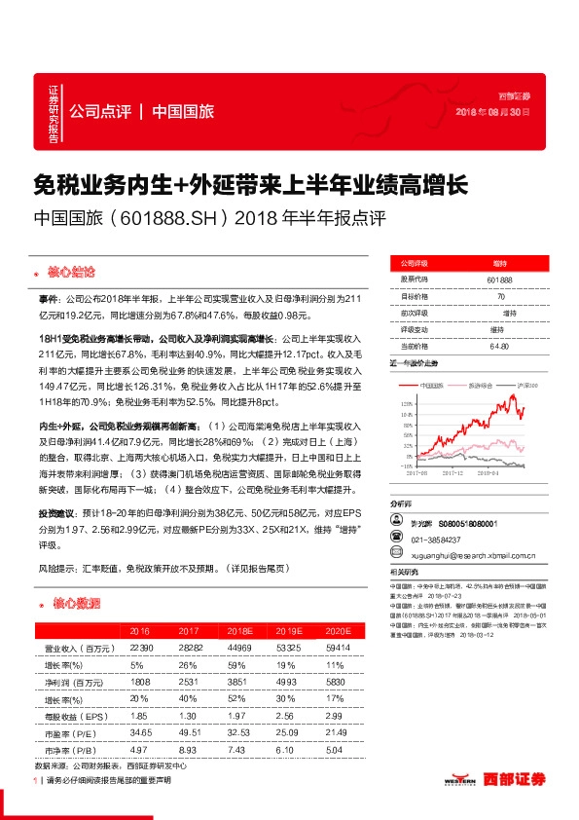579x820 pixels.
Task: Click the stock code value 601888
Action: [498, 280]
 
